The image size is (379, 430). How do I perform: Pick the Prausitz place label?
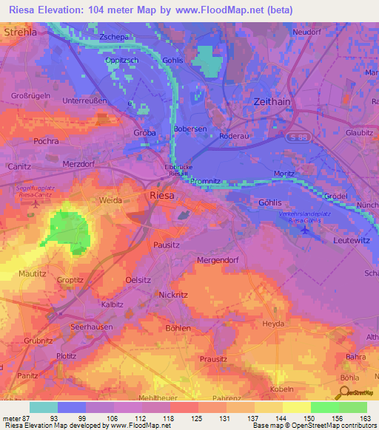tap(215, 359)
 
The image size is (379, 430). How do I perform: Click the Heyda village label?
tap(274, 324)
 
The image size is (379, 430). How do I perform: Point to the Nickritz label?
tap(173, 294)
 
